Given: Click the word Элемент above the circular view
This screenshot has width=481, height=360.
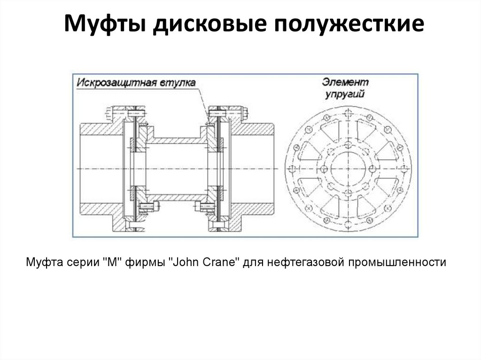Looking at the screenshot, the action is [x=345, y=82].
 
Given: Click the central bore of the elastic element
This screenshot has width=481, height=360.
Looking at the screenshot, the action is [x=348, y=169].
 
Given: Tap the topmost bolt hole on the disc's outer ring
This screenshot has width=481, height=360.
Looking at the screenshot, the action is [x=348, y=111].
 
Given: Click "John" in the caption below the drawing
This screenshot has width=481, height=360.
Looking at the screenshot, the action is [x=183, y=262].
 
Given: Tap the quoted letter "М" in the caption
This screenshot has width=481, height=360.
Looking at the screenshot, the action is [x=111, y=262].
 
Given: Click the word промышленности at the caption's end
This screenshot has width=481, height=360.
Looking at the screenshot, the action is [x=396, y=262].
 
